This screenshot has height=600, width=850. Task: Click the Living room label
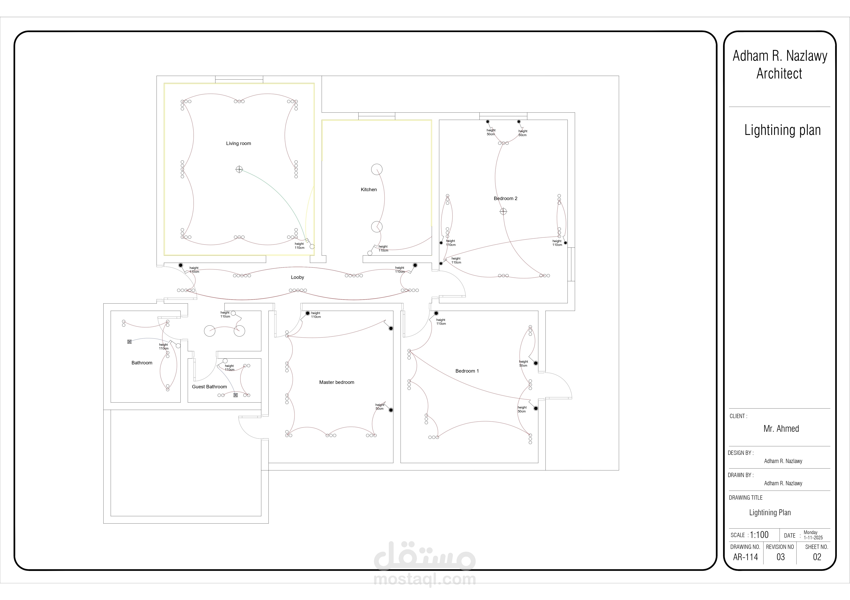(x=238, y=143)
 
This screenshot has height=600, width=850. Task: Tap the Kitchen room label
(x=369, y=189)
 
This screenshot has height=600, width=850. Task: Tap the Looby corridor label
(x=297, y=278)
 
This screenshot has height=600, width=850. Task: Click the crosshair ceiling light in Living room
(x=239, y=169)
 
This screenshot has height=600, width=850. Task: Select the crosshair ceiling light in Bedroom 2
(x=503, y=211)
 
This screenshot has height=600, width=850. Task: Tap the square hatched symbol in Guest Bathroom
(x=235, y=395)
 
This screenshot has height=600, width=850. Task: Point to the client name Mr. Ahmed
(x=781, y=429)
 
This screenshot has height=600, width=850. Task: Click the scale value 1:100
(x=759, y=535)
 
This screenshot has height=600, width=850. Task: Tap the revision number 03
(x=780, y=557)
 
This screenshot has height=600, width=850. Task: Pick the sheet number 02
(x=817, y=557)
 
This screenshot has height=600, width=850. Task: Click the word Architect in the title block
(x=779, y=74)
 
